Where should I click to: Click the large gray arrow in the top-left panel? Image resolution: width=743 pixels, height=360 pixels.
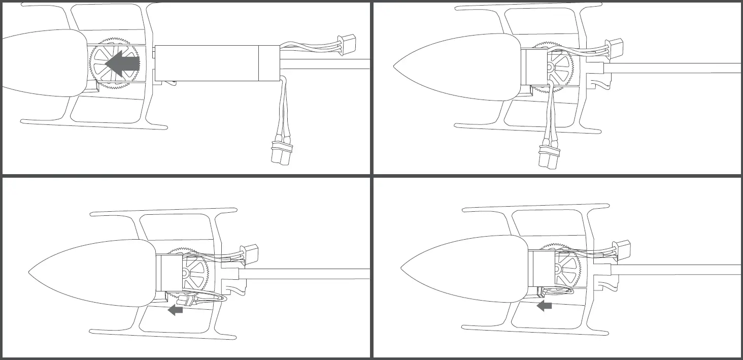[x=122, y=63]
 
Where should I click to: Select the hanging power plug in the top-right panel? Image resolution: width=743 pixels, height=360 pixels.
[x=549, y=155]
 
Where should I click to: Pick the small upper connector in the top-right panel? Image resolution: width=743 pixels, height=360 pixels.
[x=615, y=46]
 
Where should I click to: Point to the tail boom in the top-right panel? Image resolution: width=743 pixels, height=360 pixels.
[x=675, y=68]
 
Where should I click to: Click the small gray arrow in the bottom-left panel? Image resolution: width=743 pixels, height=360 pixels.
[x=176, y=309]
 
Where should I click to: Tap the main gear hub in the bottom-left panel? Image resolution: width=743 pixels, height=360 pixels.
[x=186, y=273]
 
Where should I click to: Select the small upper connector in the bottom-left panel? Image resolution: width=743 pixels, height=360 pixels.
[x=251, y=252]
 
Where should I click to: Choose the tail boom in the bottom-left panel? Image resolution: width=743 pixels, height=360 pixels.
[x=305, y=274]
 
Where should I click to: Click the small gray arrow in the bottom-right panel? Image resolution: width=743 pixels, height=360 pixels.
[x=545, y=305]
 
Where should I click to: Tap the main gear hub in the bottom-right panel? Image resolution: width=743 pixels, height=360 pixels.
[x=558, y=269]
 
